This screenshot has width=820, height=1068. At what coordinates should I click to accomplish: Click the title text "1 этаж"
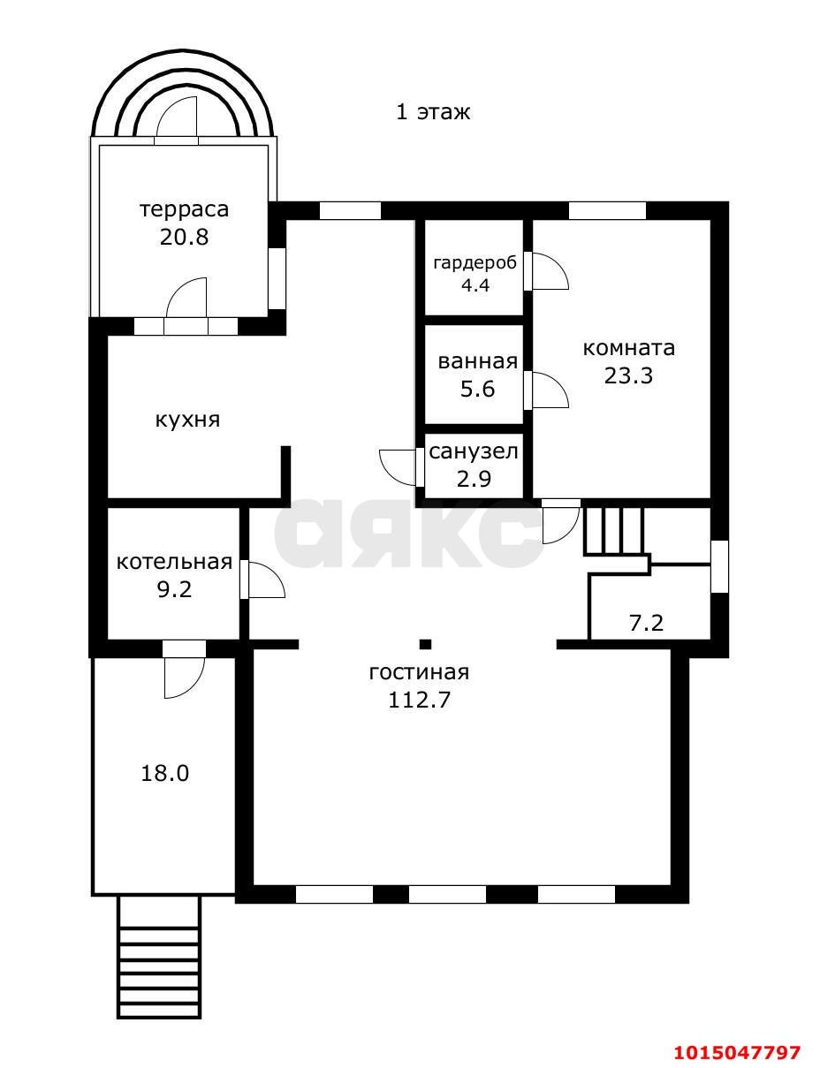pos(432,112)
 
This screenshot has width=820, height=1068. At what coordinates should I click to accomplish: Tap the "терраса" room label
pos(184,209)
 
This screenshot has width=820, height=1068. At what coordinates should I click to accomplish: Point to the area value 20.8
pos(184,237)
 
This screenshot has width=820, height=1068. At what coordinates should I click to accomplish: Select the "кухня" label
pos(187,420)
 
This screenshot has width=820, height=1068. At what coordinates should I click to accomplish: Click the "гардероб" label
pos(474,263)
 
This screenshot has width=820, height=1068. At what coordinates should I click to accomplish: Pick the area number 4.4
pos(474,285)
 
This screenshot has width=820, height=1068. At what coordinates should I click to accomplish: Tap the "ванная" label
pos(477,361)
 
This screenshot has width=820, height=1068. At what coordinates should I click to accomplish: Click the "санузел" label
pos(473,452)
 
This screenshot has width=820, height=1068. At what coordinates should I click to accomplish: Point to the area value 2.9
pos(474,479)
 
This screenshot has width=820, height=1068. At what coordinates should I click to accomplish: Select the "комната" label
pos(628,348)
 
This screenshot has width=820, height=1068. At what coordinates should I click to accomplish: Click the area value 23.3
pos(628,375)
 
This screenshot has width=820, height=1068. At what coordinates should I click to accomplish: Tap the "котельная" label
pos(174,563)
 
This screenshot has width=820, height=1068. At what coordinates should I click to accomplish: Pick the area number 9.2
pos(174,589)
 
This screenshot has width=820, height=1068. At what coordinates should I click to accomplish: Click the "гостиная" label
pos(419,672)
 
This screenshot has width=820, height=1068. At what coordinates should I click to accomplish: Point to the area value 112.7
pos(419,700)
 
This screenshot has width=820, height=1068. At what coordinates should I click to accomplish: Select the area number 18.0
pos(165,774)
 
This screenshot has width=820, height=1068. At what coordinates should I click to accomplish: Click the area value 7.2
pos(646,624)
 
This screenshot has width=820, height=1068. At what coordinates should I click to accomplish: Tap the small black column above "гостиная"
pos(425,644)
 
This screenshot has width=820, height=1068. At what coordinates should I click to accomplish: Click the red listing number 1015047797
pos(738,1052)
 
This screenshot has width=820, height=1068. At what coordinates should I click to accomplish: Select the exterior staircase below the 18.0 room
pos(159,957)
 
